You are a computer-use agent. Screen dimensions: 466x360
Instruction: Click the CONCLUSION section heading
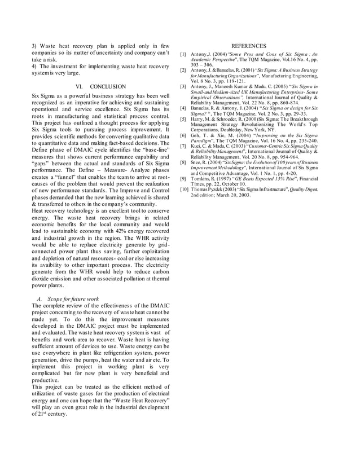click(108, 86)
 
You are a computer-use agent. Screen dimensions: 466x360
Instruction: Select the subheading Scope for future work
click(73, 298)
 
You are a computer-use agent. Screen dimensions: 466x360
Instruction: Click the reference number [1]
click(183, 55)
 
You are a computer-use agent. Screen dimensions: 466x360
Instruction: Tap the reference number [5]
click(183, 120)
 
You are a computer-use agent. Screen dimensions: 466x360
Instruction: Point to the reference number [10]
click(185, 189)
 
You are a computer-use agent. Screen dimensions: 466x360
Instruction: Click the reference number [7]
click(183, 146)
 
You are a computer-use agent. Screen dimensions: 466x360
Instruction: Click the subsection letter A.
click(39, 298)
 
